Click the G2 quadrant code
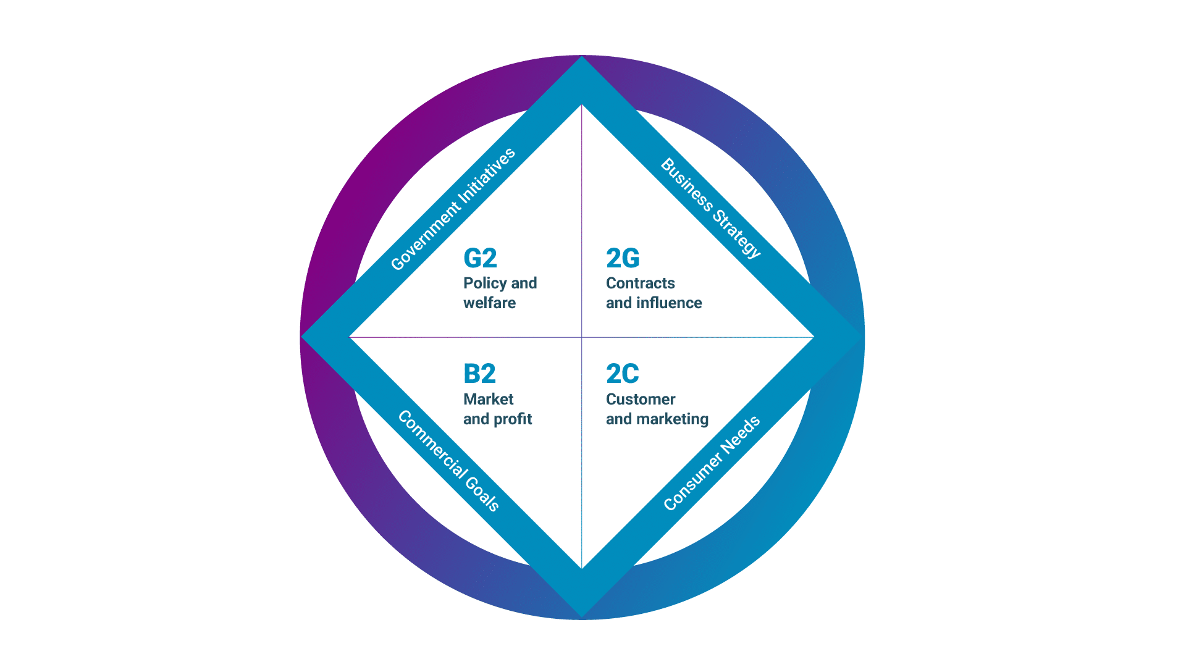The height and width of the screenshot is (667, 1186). [x=480, y=258]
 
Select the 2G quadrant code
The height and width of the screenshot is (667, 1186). [x=623, y=258]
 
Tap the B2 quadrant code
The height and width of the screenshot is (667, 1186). [x=479, y=374]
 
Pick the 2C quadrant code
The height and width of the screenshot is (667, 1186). [x=623, y=374]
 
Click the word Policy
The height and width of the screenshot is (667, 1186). [x=485, y=283]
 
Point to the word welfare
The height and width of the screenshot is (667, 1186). [x=489, y=303]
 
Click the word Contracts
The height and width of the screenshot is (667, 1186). [x=641, y=283]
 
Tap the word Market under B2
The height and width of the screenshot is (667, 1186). [x=488, y=399]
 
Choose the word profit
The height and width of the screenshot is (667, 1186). [x=513, y=419]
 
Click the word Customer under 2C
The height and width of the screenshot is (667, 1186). [x=641, y=399]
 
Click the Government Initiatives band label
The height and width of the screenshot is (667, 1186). [x=453, y=209]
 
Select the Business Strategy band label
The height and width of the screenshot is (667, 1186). [x=711, y=208]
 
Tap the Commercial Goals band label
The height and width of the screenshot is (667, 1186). [x=448, y=461]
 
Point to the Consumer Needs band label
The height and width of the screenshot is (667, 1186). [x=712, y=463]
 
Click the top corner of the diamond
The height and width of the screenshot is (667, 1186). [x=582, y=56]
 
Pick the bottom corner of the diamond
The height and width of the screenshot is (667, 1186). [x=582, y=618]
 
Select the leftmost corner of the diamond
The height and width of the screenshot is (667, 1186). [x=301, y=337]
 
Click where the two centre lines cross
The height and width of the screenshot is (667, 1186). [x=582, y=337]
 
